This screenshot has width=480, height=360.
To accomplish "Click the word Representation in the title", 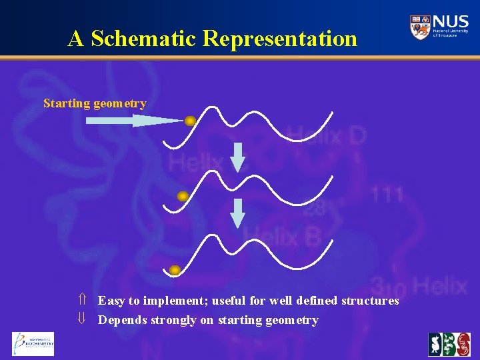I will tap(280, 39).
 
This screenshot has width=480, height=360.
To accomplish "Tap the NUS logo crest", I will tap(420, 27).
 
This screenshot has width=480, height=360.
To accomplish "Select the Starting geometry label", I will tap(94, 103).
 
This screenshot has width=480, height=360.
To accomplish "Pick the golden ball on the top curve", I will tap(190, 121).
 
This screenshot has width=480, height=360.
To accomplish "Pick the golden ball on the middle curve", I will tap(182, 197).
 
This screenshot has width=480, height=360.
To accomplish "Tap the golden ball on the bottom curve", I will tap(175, 270).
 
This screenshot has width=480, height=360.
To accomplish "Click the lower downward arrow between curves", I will tap(238, 213).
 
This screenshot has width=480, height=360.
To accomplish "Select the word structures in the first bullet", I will tap(369, 301).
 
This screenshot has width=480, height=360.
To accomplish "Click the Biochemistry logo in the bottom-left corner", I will tap(33, 344).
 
